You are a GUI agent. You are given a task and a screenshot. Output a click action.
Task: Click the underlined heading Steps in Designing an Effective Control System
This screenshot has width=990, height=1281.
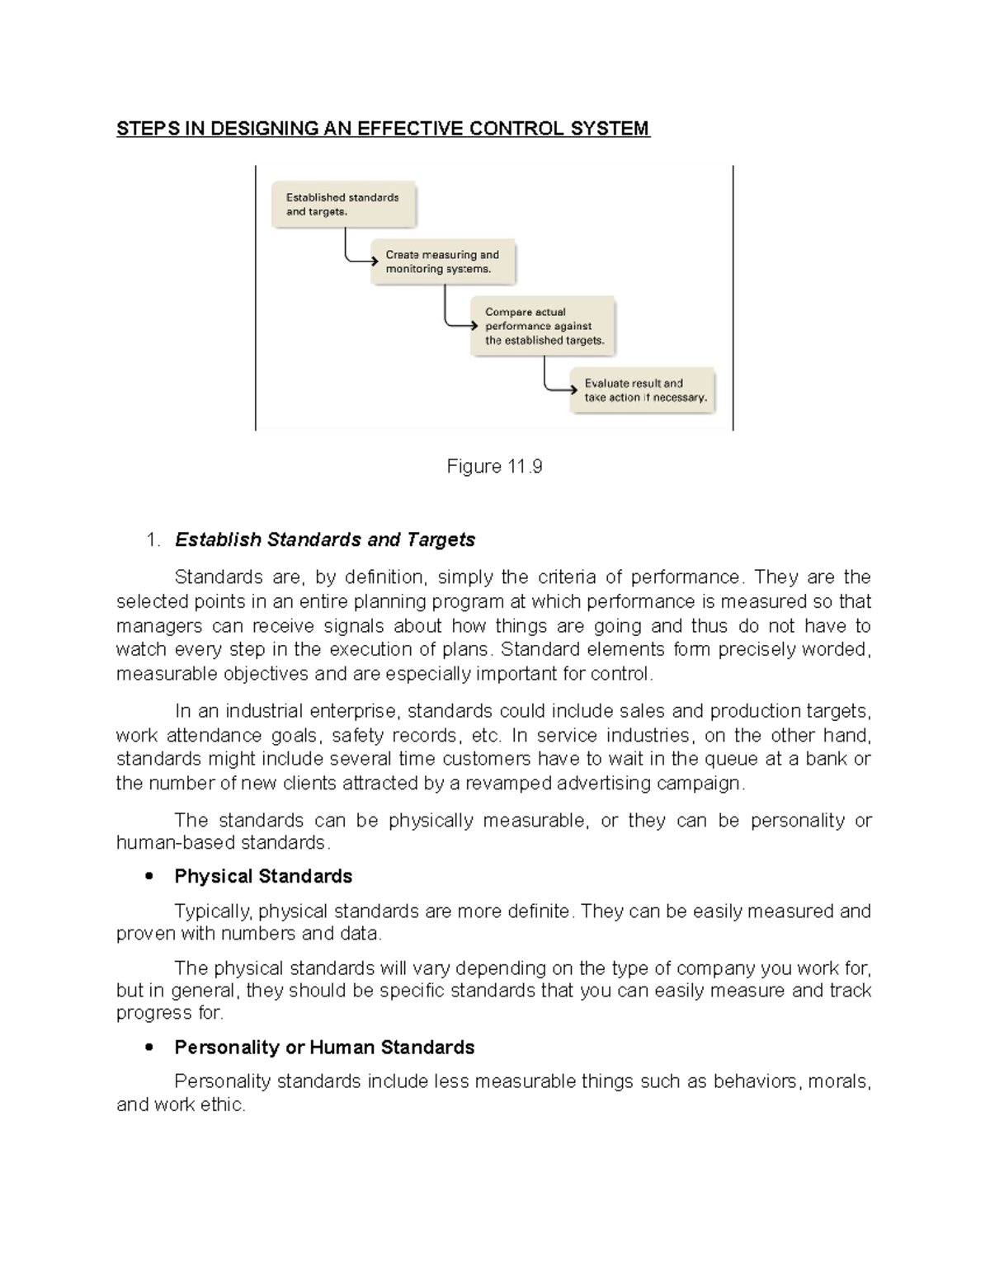pyautogui.click(x=383, y=129)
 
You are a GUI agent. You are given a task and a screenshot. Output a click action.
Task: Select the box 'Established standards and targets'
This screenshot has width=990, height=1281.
pyautogui.click(x=344, y=205)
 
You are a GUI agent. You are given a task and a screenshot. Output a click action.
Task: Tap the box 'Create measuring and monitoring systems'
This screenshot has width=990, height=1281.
pyautogui.click(x=443, y=262)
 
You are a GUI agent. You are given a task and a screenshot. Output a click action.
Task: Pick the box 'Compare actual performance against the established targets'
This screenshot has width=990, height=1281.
pyautogui.click(x=544, y=326)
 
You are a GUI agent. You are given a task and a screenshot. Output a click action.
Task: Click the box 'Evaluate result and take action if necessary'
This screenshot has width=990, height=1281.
pyautogui.click(x=643, y=390)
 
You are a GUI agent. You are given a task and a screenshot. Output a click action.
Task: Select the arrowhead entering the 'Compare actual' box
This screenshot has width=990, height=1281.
pyautogui.click(x=474, y=325)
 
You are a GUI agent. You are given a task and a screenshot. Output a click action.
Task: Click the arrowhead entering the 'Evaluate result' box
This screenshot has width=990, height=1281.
pyautogui.click(x=573, y=389)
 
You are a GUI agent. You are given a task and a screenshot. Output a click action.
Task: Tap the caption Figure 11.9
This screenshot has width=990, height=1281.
pyautogui.click(x=494, y=467)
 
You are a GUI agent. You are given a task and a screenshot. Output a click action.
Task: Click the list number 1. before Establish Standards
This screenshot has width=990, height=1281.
pyautogui.click(x=152, y=540)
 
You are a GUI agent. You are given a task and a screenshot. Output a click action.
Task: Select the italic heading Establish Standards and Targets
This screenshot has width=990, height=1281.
pyautogui.click(x=325, y=540)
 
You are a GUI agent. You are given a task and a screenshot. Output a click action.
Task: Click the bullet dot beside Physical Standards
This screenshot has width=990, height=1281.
pyautogui.click(x=149, y=876)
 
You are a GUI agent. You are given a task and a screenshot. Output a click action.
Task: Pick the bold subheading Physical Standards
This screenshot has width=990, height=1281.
pyautogui.click(x=263, y=876)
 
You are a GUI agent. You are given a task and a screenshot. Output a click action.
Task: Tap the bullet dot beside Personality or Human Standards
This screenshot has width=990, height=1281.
pyautogui.click(x=149, y=1048)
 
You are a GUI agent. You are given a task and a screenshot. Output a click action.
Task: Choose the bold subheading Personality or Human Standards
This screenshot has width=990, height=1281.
pyautogui.click(x=324, y=1048)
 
